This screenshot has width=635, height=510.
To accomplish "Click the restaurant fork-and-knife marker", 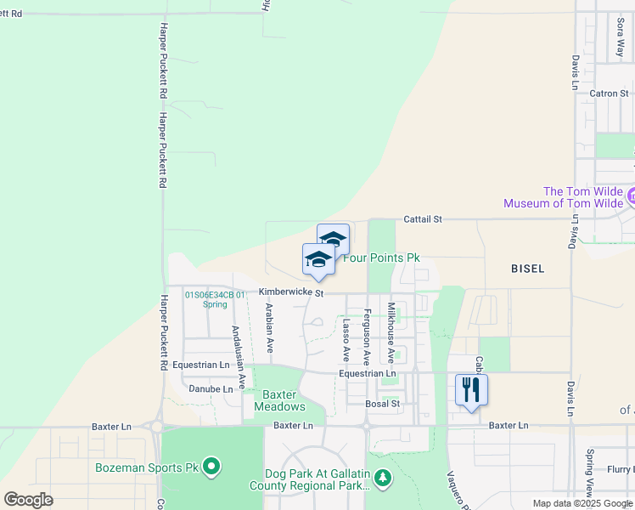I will (471, 390).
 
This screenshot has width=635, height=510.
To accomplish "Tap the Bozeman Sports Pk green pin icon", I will (212, 467).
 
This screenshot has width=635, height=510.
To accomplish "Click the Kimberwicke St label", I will (291, 292).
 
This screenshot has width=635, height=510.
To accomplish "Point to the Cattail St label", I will (423, 219).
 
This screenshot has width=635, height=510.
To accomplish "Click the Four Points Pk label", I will (381, 258).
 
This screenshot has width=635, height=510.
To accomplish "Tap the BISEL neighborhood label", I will (527, 269).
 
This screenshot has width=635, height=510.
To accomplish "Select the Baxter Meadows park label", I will (278, 400).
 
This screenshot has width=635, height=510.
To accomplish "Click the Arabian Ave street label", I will (269, 328).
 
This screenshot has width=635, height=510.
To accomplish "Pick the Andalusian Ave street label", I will (241, 357).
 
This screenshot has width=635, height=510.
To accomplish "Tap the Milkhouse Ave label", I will (391, 331).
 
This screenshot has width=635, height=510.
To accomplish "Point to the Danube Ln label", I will (211, 388).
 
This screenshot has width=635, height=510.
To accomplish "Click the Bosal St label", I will (382, 404).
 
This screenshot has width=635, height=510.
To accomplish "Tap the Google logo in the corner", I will (28, 499).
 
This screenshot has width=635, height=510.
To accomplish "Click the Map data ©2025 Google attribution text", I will (582, 503).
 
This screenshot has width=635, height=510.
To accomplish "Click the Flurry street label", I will (619, 468).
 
